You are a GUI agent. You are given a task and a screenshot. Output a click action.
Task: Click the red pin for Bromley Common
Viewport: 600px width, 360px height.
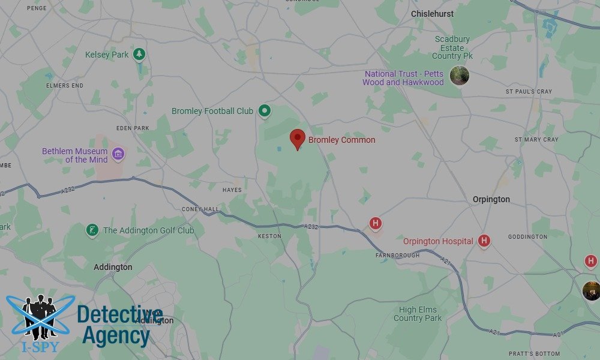[x=297, y=139]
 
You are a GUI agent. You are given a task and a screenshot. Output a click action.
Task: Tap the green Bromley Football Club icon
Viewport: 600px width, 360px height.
[x=264, y=111]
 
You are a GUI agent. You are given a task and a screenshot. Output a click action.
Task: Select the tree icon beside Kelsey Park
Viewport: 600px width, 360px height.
[x=139, y=55]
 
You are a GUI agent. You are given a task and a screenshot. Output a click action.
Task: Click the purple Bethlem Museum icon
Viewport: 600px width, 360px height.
[x=118, y=155]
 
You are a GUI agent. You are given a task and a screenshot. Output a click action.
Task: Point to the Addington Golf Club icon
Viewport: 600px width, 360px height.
[x=92, y=230]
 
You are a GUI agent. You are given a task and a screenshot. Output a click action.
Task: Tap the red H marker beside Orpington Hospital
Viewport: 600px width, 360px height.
[x=484, y=241]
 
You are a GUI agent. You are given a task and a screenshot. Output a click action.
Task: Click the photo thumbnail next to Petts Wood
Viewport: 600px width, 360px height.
[x=459, y=76]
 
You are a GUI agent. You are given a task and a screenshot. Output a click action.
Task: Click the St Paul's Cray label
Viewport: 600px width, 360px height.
[x=529, y=92]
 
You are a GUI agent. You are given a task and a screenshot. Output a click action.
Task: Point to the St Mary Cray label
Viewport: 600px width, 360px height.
[x=536, y=139]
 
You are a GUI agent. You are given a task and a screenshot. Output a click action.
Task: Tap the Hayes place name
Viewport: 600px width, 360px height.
[x=232, y=190]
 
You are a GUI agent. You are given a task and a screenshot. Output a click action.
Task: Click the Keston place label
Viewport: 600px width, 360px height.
[x=269, y=236]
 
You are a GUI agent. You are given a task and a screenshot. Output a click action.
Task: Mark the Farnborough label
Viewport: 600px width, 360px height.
[x=397, y=256]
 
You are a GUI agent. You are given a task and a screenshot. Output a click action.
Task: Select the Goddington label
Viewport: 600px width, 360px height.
[x=527, y=237]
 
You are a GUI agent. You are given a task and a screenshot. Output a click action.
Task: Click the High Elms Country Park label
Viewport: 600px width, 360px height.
[x=418, y=314]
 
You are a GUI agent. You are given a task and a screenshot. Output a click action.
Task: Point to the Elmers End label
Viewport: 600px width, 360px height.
[x=65, y=86]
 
